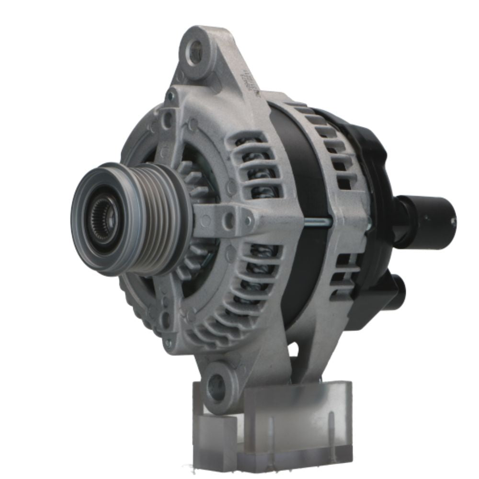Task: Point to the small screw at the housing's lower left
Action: [x=168, y=342]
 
